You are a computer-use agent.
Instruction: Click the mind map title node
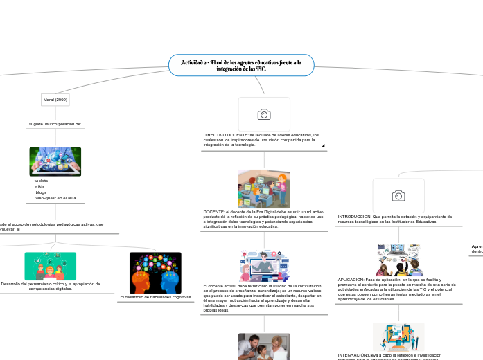click(x=241, y=66)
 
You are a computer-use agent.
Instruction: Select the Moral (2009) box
click(x=55, y=100)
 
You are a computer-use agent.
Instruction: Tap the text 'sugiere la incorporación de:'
click(x=55, y=124)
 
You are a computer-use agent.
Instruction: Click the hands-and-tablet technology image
click(x=55, y=161)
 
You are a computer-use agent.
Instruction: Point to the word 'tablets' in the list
click(x=42, y=181)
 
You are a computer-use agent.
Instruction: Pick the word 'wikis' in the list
click(x=39, y=186)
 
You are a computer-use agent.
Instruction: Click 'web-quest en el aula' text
click(x=55, y=198)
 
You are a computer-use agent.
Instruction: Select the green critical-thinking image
click(x=51, y=266)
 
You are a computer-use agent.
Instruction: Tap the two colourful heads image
click(x=155, y=272)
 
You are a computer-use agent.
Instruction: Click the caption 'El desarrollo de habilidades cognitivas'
click(x=155, y=297)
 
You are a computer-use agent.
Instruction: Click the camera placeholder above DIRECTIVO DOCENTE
click(x=264, y=114)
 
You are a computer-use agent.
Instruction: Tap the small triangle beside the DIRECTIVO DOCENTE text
click(x=323, y=145)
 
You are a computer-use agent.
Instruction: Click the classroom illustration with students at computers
click(x=264, y=188)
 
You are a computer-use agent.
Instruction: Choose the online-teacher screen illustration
click(x=264, y=267)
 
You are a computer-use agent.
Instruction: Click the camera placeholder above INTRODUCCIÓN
click(x=398, y=196)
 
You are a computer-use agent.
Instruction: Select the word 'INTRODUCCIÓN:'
click(x=354, y=217)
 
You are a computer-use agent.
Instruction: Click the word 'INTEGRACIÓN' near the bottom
click(x=353, y=354)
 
